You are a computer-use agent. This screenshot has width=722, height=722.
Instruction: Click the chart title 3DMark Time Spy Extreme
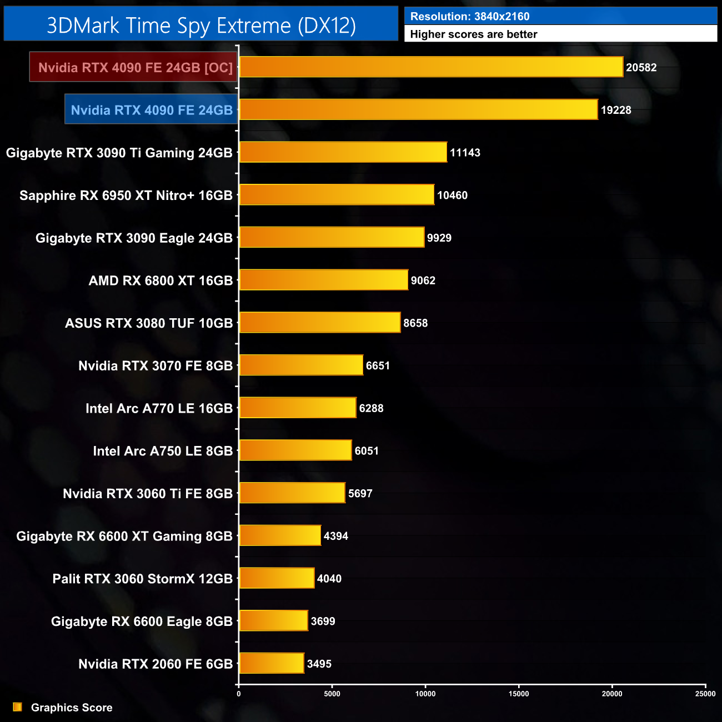[201, 26]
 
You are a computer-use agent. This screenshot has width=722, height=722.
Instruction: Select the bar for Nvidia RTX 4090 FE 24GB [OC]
[431, 67]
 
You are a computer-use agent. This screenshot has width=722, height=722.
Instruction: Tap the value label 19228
[616, 110]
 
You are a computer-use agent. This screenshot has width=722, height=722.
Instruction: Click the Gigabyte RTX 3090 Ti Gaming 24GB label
[119, 153]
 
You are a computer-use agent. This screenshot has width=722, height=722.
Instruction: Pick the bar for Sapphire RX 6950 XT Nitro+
[337, 195]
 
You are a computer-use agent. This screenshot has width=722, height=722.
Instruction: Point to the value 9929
[439, 238]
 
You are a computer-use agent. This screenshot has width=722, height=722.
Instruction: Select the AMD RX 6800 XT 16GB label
[161, 280]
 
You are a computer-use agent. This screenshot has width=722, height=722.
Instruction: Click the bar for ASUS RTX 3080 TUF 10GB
[320, 323]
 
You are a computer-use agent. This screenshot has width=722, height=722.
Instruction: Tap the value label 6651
[378, 365]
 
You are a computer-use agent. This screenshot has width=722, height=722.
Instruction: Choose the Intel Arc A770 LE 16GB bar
[298, 408]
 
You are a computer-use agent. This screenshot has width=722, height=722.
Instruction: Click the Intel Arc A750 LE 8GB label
[163, 451]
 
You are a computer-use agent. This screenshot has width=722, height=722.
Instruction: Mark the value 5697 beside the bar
[360, 493]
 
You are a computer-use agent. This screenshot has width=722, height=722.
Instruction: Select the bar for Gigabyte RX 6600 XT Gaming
[280, 536]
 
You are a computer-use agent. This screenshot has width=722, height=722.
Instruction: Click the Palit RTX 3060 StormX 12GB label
[142, 579]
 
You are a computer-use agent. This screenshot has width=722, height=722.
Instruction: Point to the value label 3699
[323, 621]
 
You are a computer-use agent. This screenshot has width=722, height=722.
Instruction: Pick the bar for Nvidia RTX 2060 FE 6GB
[272, 664]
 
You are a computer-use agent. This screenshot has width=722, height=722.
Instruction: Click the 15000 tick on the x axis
[519, 694]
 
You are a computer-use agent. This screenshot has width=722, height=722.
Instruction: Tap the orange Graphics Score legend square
[18, 707]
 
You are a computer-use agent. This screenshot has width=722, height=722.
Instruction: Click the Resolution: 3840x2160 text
[470, 17]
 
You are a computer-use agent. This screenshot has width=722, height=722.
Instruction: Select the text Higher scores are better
[474, 34]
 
